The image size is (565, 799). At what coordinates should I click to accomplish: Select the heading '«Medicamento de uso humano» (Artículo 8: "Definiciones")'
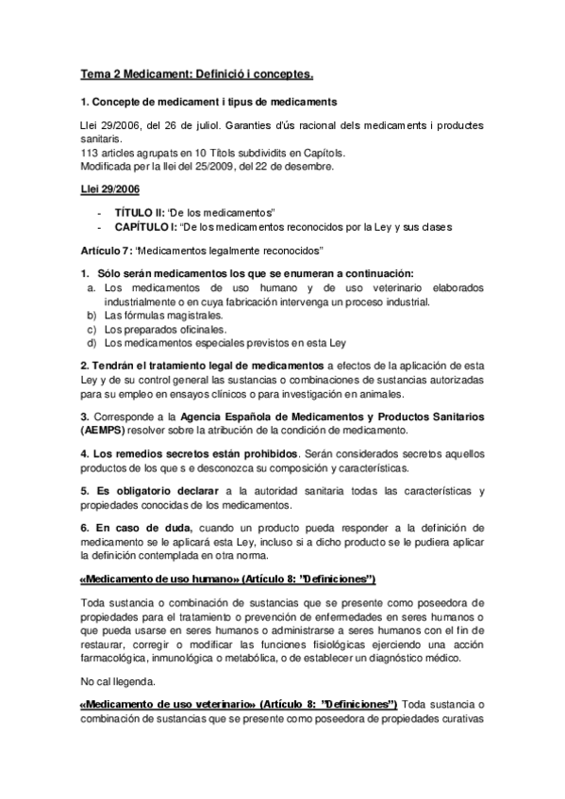[228, 578]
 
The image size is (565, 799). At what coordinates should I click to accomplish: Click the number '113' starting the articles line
[90, 152]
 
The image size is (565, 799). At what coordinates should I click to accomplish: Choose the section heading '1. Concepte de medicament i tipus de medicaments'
[208, 101]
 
